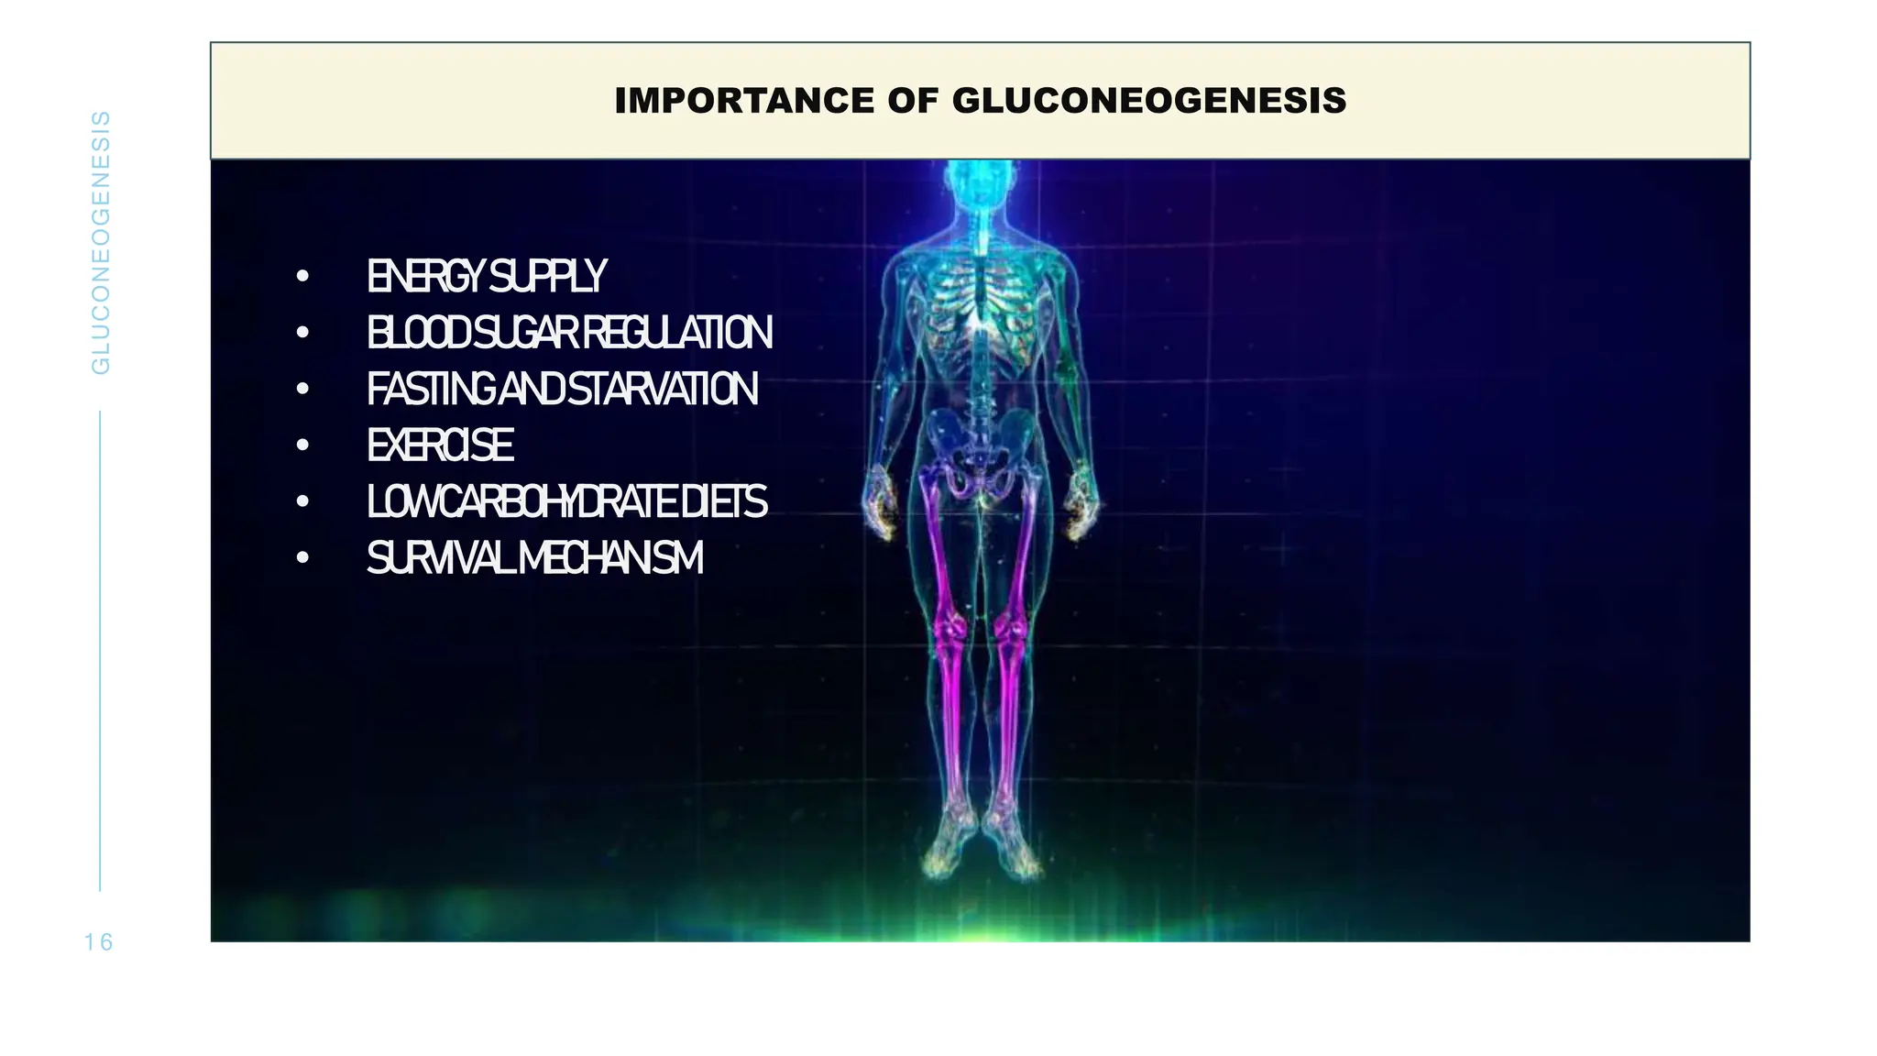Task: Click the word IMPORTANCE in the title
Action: pyautogui.click(x=742, y=101)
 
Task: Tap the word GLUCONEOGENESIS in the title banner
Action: pyautogui.click(x=1149, y=101)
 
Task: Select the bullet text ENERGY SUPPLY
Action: pyautogui.click(x=486, y=276)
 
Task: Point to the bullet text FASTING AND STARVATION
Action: pyautogui.click(x=562, y=389)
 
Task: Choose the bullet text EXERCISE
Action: pyautogui.click(x=440, y=445)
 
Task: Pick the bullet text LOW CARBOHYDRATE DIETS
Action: pyautogui.click(x=566, y=501)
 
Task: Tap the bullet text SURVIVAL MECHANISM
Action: pyautogui.click(x=534, y=558)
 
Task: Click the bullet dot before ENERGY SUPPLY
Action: pyautogui.click(x=302, y=276)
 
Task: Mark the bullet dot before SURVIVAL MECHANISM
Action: pyautogui.click(x=302, y=558)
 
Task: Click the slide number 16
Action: pyautogui.click(x=98, y=942)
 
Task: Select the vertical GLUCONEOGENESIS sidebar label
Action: pyautogui.click(x=101, y=243)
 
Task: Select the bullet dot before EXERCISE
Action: pyautogui.click(x=302, y=445)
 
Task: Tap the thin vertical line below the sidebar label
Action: pyautogui.click(x=100, y=651)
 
